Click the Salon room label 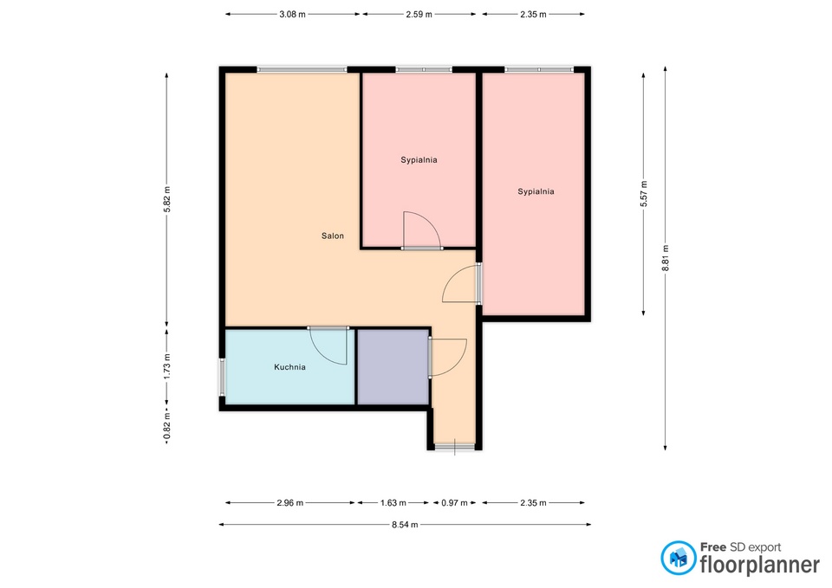(333, 236)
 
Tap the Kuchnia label (289, 367)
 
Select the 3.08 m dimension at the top (292, 15)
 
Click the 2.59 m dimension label (419, 15)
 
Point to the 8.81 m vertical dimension (666, 258)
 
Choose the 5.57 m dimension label (644, 194)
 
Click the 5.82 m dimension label (167, 200)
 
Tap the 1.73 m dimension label (167, 366)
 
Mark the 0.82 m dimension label (167, 427)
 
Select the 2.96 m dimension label (289, 502)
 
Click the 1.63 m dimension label (393, 502)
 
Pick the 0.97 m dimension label (454, 502)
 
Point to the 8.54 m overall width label (405, 525)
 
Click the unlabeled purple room (393, 367)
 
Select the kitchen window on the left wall (223, 378)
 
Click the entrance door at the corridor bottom (455, 447)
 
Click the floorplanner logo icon (678, 558)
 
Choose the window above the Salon (302, 69)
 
